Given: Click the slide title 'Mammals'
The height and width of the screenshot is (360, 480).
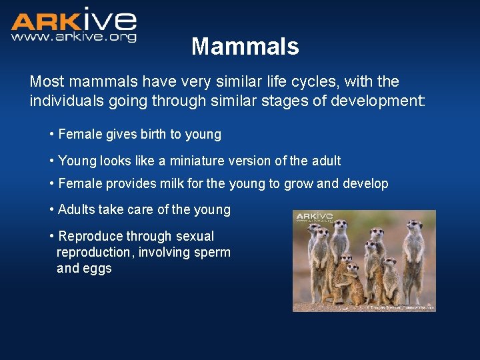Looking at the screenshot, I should click(x=245, y=47).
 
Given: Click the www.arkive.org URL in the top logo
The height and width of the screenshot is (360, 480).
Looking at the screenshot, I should click(x=73, y=37).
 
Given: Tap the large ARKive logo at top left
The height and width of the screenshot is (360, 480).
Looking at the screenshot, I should click(x=73, y=21).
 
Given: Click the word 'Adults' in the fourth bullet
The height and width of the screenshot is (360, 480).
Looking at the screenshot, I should click(x=77, y=210).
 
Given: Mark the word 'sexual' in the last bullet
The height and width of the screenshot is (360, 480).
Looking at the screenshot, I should click(x=195, y=237).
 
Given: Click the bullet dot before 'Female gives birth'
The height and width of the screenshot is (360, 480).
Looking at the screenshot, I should click(x=52, y=135).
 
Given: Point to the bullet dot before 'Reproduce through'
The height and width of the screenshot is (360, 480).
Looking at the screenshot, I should click(x=52, y=237).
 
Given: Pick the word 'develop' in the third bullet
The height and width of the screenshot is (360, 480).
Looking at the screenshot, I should click(x=365, y=184).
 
